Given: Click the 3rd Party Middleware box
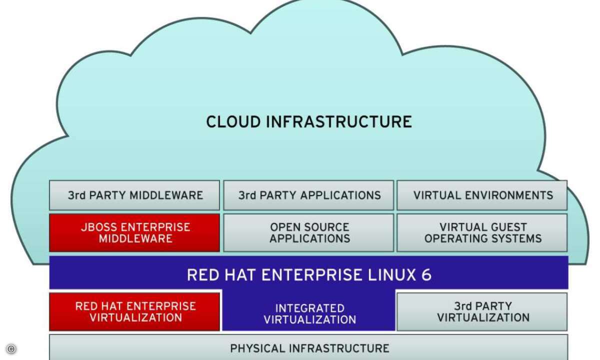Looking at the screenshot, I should point(134,195).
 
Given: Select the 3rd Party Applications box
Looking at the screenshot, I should point(308,195).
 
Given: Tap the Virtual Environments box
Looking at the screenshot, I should point(482,195).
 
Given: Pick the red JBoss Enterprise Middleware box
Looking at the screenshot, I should point(134,232).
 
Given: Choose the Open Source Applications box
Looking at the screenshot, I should point(308,232).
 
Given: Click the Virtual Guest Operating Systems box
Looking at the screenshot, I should point(482,232).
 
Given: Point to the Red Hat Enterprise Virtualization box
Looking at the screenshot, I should point(134,311).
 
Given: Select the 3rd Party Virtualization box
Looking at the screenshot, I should point(482,311).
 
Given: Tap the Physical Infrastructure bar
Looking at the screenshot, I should point(308,348).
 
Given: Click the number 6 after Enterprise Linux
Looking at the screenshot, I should point(425,274).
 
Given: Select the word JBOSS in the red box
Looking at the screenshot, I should point(98,227).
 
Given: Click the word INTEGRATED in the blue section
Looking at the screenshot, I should point(310,308).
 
